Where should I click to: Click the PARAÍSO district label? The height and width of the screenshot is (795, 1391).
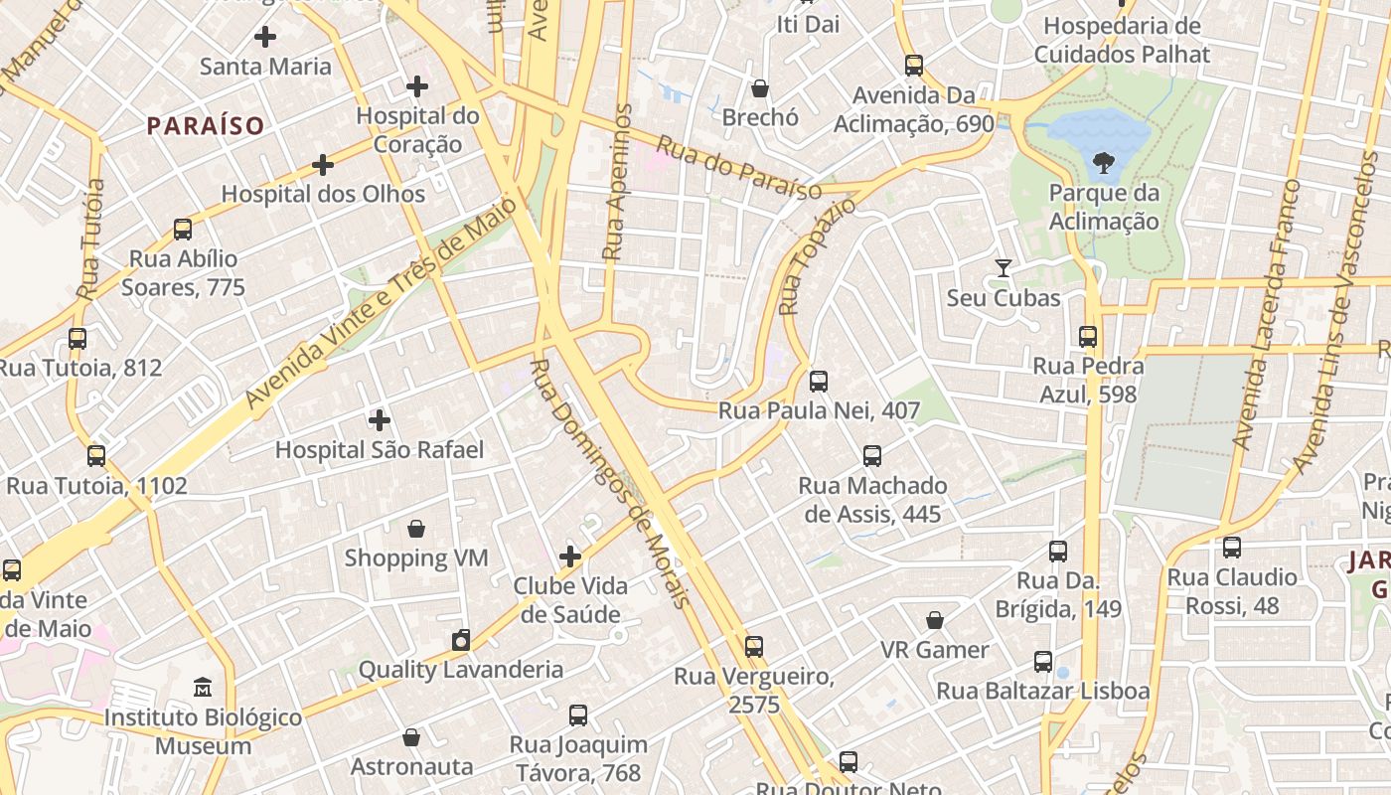click(206, 126)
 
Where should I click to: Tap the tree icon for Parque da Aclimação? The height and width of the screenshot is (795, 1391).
click(1103, 163)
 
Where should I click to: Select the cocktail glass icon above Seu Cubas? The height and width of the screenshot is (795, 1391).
click(1004, 268)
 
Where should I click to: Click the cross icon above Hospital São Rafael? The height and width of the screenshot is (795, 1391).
click(379, 420)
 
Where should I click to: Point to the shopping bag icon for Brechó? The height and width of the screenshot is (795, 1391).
click(760, 88)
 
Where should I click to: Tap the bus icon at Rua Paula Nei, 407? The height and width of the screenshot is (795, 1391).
click(819, 382)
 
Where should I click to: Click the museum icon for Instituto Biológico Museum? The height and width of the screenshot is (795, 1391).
click(203, 688)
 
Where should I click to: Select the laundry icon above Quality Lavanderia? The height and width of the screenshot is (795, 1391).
click(461, 640)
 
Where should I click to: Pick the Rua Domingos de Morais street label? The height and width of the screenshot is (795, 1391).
click(609, 483)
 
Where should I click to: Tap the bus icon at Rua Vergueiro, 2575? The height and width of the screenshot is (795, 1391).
click(754, 647)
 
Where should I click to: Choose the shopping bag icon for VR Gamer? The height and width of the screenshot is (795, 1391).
click(935, 621)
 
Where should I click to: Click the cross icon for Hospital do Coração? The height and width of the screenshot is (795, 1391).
click(417, 86)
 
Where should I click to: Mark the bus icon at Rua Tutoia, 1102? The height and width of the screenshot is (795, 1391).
click(96, 456)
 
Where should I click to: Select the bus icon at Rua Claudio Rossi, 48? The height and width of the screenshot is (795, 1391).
click(1232, 548)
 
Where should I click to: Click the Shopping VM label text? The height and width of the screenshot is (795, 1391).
click(416, 557)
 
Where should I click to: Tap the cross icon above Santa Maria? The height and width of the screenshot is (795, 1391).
click(265, 38)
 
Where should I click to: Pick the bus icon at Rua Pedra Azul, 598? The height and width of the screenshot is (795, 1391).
click(1088, 337)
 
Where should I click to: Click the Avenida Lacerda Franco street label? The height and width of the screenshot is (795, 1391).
click(1265, 315)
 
